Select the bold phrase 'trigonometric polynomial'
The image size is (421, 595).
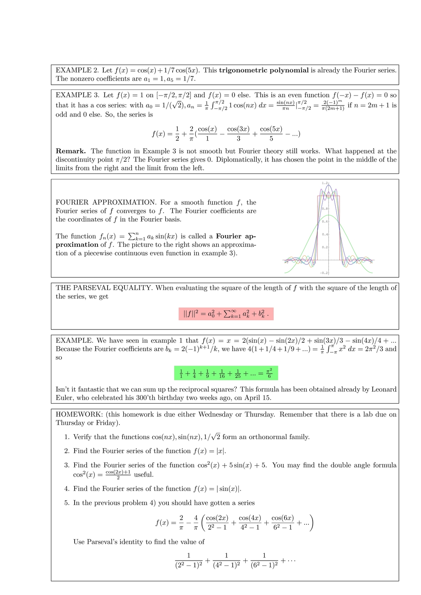(x=264, y=70)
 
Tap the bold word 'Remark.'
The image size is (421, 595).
(x=71, y=151)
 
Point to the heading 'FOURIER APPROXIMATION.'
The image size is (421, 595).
(x=106, y=203)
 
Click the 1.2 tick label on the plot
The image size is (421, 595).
(x=324, y=183)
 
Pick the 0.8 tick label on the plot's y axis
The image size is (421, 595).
(x=324, y=209)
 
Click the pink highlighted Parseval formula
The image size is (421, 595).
(x=226, y=314)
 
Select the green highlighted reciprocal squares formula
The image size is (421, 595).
(x=226, y=373)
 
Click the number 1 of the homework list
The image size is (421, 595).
(x=67, y=437)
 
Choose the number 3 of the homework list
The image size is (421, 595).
(x=67, y=465)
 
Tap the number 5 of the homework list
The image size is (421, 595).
(x=67, y=503)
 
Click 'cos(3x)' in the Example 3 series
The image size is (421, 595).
(x=238, y=129)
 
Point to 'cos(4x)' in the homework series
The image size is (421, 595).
(x=250, y=519)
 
